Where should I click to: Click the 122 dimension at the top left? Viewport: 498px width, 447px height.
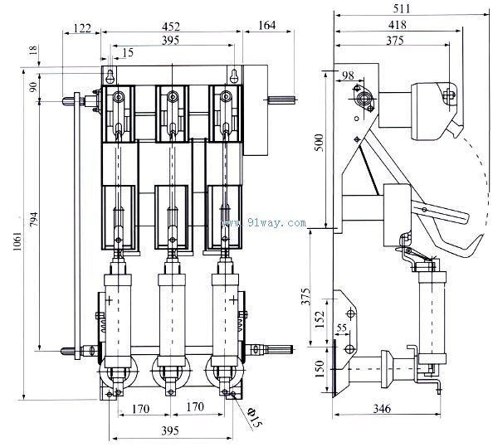[81, 27]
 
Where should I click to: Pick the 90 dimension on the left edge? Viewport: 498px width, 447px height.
[32, 88]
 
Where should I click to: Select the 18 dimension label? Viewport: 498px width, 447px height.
[32, 52]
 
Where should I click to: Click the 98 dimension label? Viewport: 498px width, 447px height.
[347, 76]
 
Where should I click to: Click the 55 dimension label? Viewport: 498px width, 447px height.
[341, 328]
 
